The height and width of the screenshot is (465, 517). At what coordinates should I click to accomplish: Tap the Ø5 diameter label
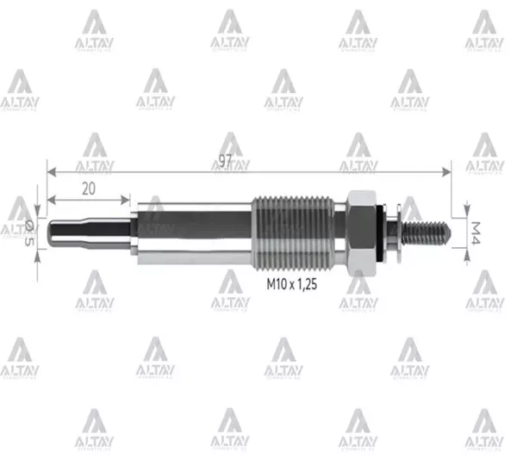pyautogui.click(x=30, y=233)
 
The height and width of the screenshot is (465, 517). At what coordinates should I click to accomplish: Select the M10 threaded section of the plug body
pyautogui.click(x=293, y=233)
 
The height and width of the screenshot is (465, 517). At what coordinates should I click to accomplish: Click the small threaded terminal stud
pyautogui.click(x=427, y=233)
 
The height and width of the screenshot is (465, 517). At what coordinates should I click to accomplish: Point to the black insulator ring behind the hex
pyautogui.click(x=382, y=233)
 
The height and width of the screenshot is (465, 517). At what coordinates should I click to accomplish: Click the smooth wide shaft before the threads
pyautogui.click(x=194, y=233)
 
